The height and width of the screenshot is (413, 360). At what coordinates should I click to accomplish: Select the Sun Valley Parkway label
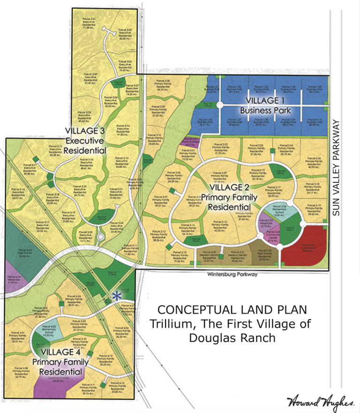[336, 168]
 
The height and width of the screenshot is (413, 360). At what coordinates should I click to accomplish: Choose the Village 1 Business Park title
[263, 106]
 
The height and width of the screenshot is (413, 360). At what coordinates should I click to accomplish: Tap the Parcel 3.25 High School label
[26, 253]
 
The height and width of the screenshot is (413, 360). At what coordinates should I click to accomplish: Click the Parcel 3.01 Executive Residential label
[89, 21]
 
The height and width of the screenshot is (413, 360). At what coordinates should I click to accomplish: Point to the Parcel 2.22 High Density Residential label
[265, 255]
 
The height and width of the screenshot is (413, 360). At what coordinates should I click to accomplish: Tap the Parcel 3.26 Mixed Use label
[15, 281]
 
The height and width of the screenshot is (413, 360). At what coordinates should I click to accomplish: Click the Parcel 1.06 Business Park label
[203, 123]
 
